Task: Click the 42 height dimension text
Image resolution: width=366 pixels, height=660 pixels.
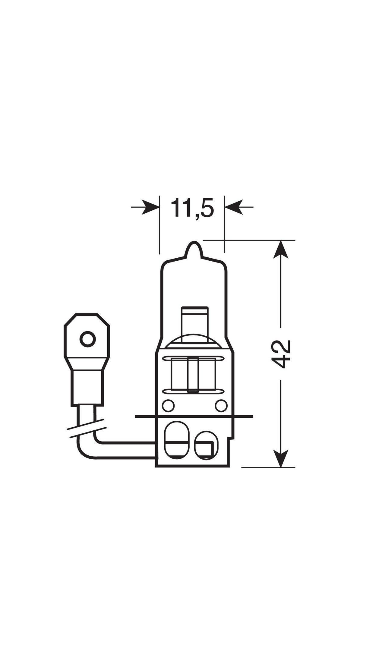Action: tap(281, 354)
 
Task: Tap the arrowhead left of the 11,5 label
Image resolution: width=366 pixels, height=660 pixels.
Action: tap(150, 207)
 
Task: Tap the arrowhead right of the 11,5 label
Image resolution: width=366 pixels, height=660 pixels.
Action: tap(234, 207)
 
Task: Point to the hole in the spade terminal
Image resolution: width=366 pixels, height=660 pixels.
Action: tap(87, 339)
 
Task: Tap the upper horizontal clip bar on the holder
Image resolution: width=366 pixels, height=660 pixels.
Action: tap(193, 358)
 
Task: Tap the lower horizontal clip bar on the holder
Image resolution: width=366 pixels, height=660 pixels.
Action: tap(193, 391)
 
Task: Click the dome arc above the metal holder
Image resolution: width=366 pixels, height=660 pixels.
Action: tap(193, 338)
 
